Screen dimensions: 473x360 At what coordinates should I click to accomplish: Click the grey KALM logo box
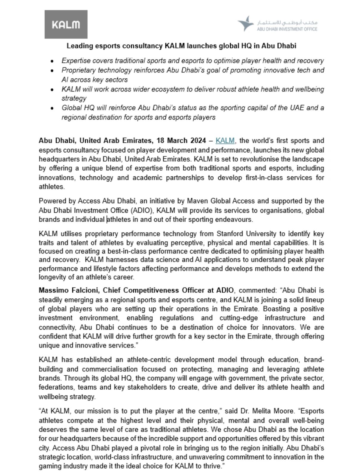tap(66, 24)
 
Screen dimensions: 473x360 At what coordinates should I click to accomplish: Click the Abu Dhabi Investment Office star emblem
tap(245, 24)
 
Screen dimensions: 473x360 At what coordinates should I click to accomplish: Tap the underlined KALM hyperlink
tap(225, 140)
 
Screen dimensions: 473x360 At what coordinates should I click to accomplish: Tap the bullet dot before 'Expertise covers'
tap(52, 61)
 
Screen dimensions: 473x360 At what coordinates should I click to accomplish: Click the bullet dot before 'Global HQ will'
tap(52, 108)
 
